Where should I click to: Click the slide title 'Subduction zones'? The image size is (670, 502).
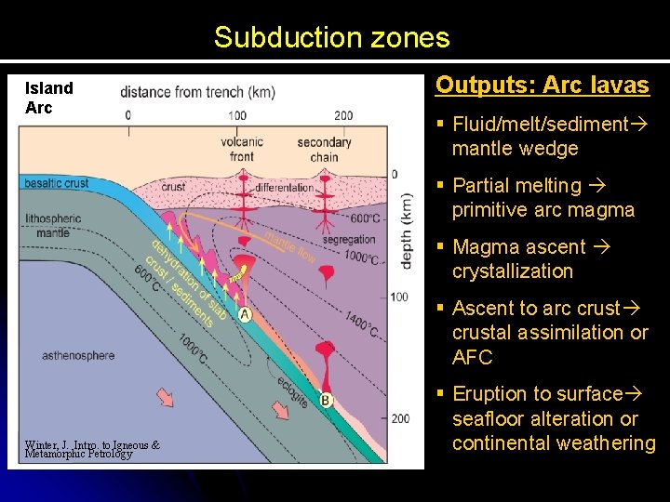(x=331, y=38)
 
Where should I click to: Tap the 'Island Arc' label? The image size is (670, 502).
(x=49, y=98)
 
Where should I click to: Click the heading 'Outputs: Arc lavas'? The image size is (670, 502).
(x=543, y=86)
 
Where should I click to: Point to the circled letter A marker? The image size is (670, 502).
(x=245, y=315)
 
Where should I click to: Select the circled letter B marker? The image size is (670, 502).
(x=327, y=401)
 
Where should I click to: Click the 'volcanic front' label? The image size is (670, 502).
(x=242, y=149)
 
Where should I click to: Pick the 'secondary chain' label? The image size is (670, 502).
(x=324, y=149)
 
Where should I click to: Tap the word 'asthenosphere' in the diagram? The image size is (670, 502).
(x=78, y=355)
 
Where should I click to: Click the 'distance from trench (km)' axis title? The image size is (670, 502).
(x=197, y=92)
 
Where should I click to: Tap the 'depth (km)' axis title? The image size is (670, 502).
(x=407, y=231)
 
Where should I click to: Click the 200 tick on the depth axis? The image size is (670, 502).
(x=400, y=418)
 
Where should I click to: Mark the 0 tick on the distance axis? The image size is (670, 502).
(x=127, y=115)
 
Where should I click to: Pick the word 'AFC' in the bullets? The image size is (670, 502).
(x=472, y=357)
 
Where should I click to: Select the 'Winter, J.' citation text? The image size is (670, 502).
(x=92, y=449)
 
